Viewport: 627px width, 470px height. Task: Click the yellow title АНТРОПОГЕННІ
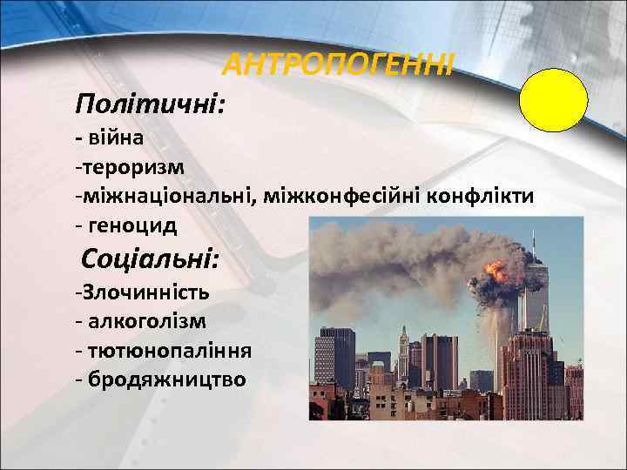click(338, 64)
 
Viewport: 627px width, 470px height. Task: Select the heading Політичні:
click(151, 105)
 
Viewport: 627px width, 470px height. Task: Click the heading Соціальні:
click(152, 258)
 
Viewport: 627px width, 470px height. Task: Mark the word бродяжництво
click(165, 379)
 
